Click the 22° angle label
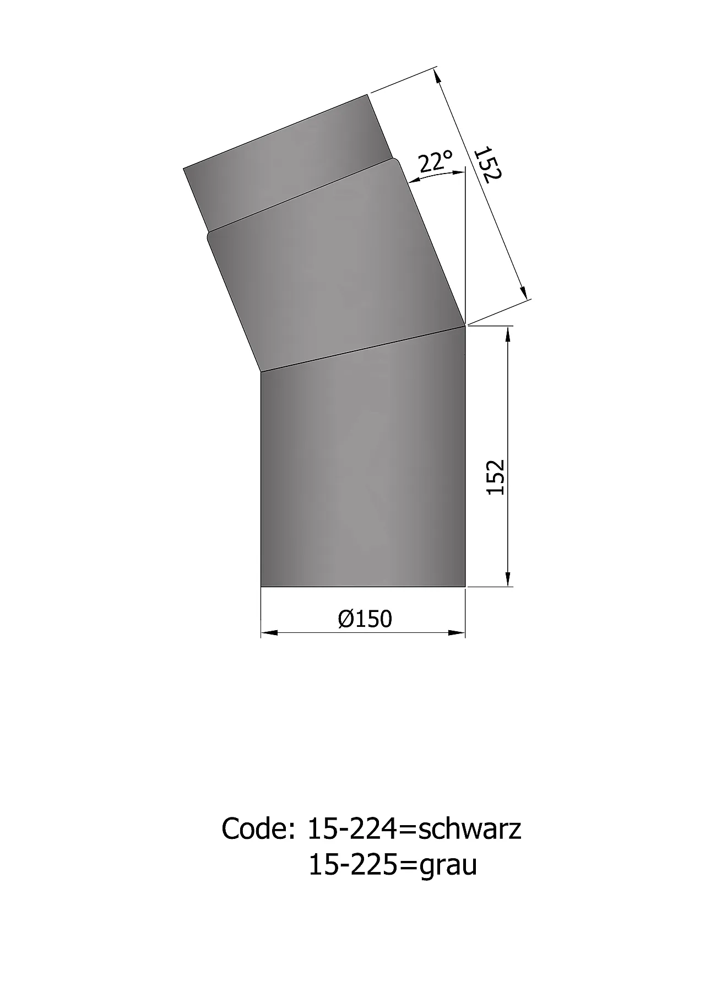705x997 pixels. [435, 162]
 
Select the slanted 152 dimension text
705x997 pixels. [487, 164]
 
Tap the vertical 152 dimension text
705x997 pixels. [496, 477]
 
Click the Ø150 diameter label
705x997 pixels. [365, 619]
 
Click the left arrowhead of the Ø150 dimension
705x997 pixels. [268, 633]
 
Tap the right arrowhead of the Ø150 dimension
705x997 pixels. [458, 633]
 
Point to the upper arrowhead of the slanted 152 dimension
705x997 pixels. [437, 75]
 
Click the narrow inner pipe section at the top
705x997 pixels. [286, 165]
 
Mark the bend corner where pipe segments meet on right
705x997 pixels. [465, 326]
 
